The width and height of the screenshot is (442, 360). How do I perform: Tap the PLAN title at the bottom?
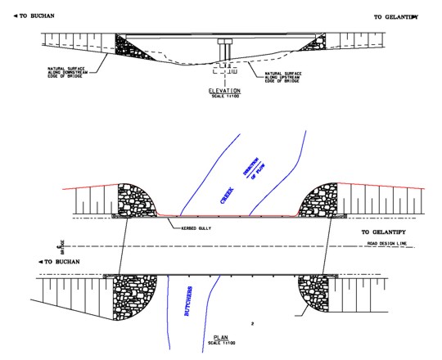coord(221,335)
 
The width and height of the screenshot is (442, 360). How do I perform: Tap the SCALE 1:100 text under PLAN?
coord(221,341)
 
